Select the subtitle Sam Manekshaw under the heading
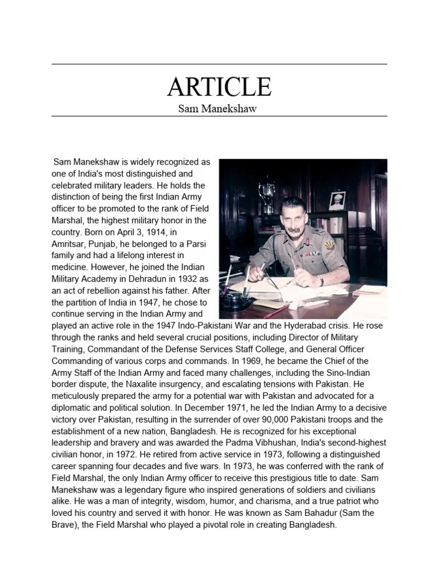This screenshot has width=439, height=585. click(219, 109)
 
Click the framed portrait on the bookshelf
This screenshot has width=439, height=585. click(337, 202)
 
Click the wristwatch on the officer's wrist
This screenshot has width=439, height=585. click(321, 280)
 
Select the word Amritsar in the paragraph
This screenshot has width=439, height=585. click(69, 244)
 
